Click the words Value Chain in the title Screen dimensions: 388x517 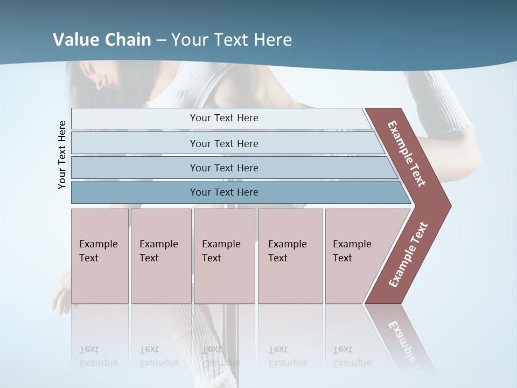102,40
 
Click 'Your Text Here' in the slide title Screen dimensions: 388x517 232,40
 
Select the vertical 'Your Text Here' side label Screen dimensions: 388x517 62,155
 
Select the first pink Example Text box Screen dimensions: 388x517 100,255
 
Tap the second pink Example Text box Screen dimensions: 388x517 160,255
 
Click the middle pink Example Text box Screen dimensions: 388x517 224,255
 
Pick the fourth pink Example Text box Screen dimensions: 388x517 290,255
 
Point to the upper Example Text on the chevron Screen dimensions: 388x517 407,154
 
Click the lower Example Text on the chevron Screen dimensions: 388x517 408,255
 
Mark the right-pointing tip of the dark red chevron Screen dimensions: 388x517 448,205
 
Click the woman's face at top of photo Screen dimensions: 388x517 108,75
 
